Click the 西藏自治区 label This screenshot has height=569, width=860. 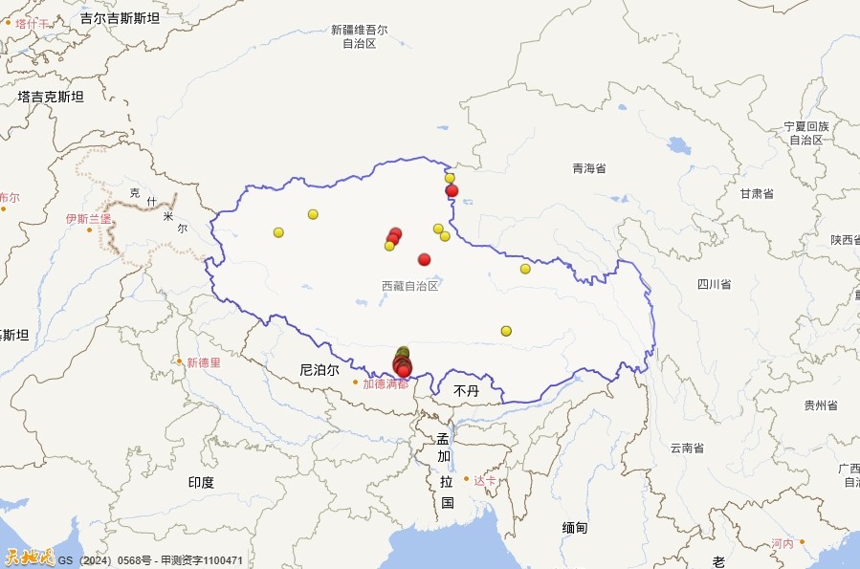click(409, 286)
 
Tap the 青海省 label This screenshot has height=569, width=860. click(589, 168)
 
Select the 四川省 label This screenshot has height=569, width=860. click(714, 284)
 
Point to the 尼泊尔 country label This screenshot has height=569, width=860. click(319, 369)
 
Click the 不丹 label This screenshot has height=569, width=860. click(466, 391)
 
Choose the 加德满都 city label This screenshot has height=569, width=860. click(385, 383)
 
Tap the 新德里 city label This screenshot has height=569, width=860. click(204, 362)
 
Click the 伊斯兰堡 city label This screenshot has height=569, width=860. click(88, 219)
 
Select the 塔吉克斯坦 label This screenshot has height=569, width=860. click(51, 97)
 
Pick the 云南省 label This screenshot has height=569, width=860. click(687, 448)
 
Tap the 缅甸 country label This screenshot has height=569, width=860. click(575, 528)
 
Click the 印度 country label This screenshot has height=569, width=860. click(201, 482)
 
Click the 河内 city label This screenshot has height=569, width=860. click(783, 543)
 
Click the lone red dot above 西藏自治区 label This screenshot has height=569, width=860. click(425, 259)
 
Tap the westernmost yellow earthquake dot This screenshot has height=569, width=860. click(278, 232)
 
